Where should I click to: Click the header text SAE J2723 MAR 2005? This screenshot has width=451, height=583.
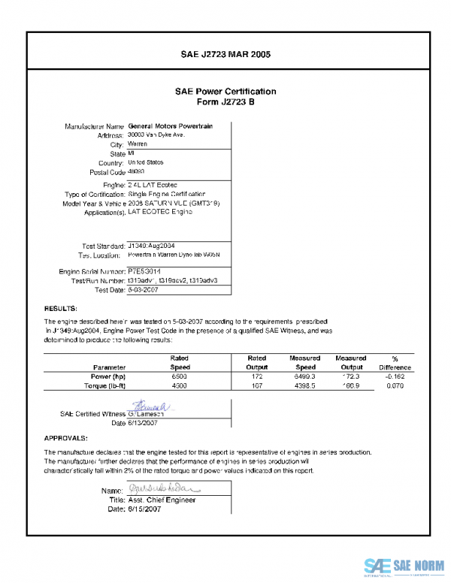(225, 55)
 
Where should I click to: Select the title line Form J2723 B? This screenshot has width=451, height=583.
(225, 101)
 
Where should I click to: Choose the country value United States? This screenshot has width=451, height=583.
(146, 162)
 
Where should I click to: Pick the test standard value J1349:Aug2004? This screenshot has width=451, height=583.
(151, 246)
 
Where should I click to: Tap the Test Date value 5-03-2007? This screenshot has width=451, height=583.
(143, 289)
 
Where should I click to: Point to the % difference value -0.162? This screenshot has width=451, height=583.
(395, 376)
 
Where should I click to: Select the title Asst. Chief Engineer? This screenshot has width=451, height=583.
(162, 500)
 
